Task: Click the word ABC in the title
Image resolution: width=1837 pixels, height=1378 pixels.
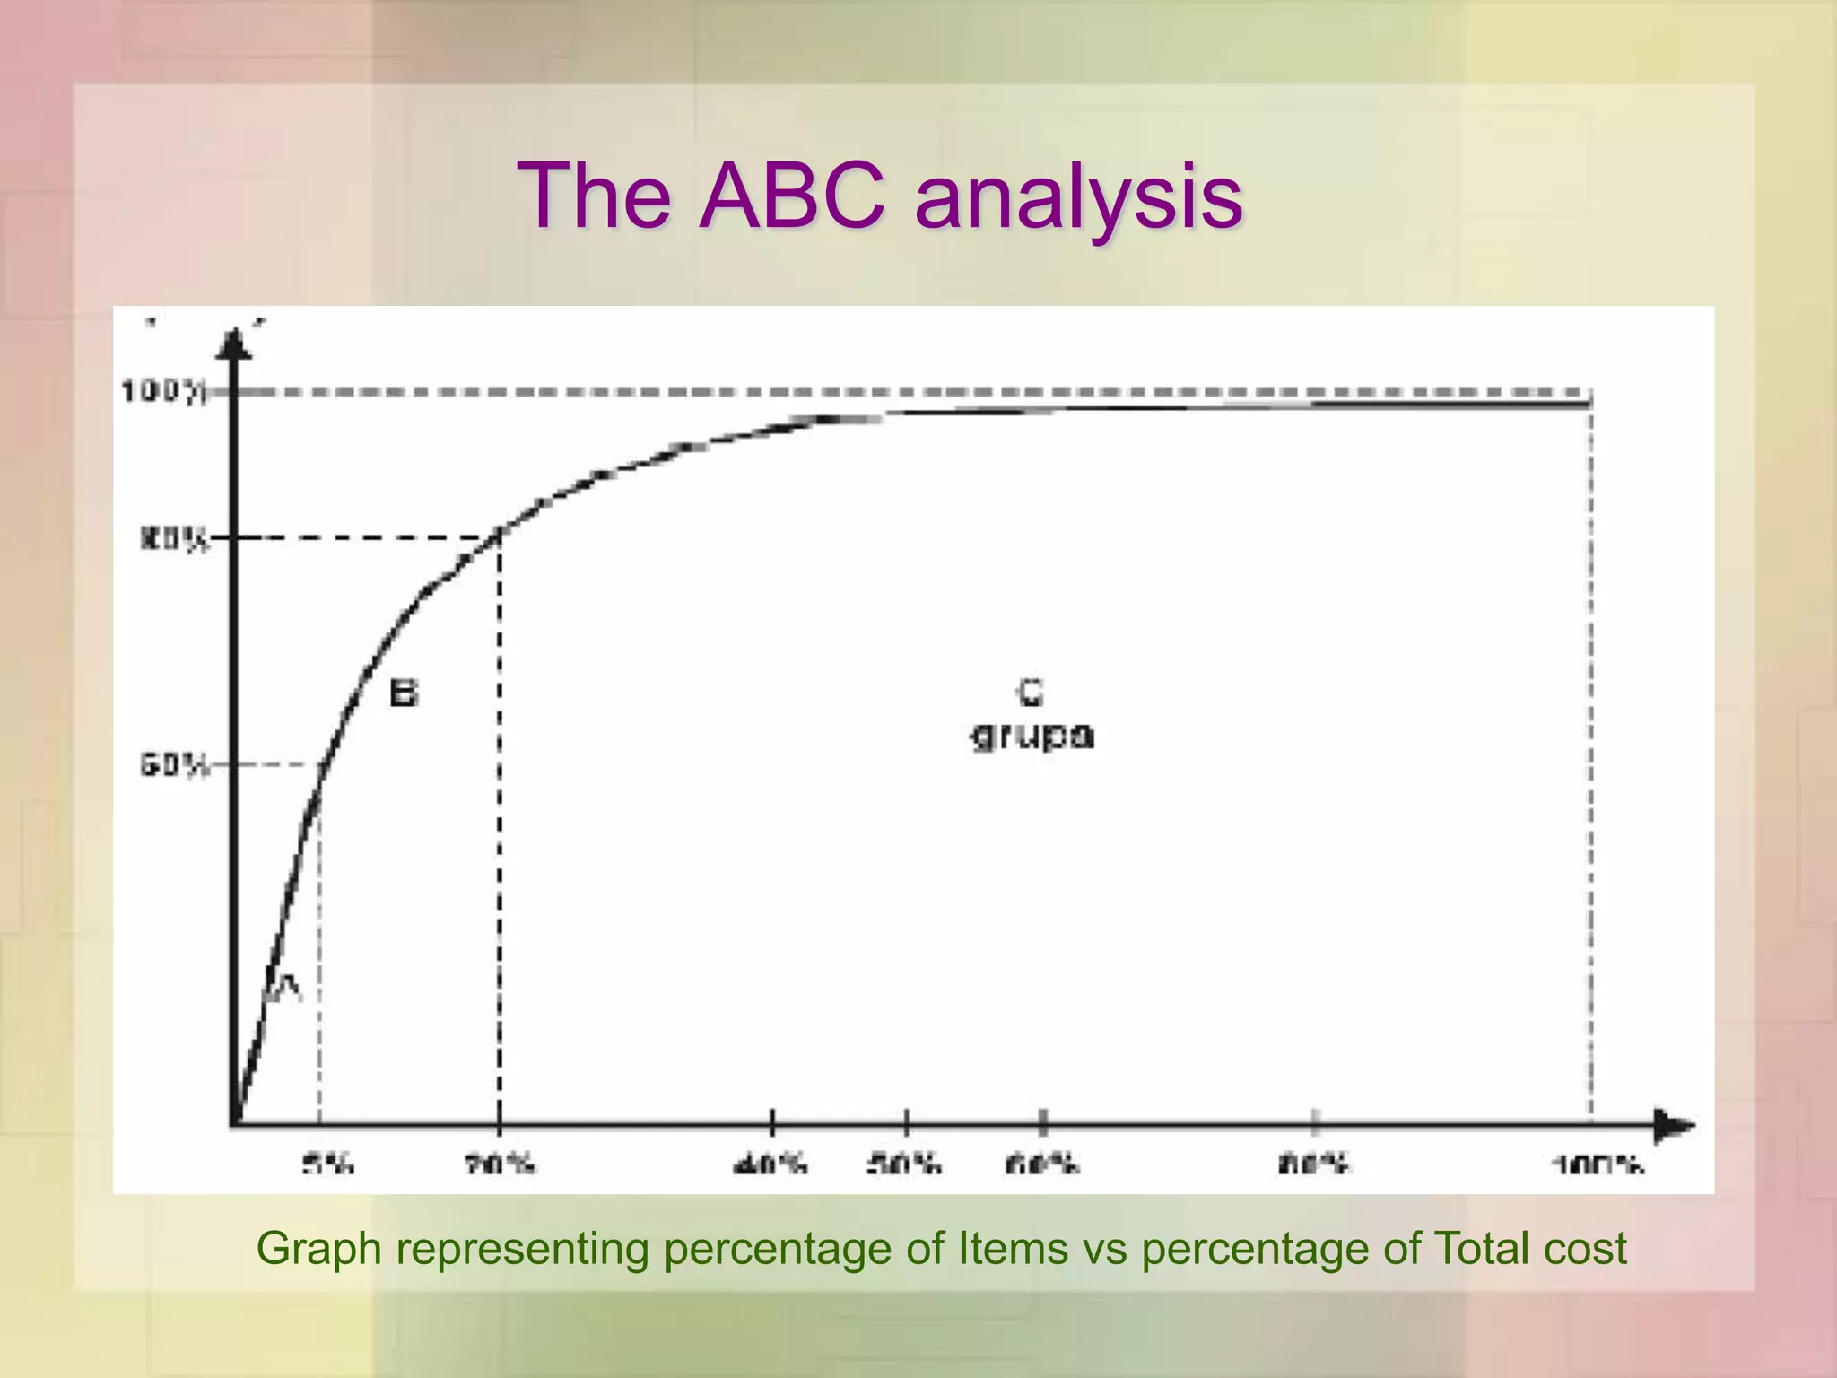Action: pos(791,196)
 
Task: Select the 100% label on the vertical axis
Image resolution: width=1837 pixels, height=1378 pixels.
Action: pos(164,392)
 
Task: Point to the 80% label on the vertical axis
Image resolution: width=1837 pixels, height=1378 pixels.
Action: pos(174,540)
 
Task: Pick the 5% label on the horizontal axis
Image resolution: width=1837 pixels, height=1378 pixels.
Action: pos(328,1165)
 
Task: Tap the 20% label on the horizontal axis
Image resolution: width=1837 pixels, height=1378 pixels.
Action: pos(500,1165)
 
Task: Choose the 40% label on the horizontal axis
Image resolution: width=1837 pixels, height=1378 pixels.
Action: pos(771,1165)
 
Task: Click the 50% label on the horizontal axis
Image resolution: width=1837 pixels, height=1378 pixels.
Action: pos(904,1165)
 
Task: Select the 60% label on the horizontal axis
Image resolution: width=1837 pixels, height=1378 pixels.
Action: pos(1042,1165)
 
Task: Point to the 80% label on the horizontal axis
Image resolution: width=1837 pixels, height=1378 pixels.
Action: pos(1314,1165)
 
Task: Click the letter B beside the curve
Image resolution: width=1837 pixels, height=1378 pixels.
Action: pos(404,693)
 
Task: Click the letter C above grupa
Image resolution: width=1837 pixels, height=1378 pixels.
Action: pos(1031,692)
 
